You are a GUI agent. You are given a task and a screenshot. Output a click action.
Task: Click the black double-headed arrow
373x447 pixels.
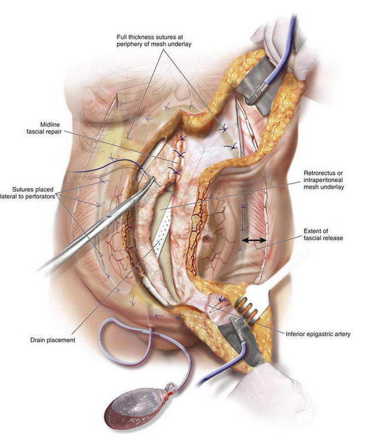[254, 240]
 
